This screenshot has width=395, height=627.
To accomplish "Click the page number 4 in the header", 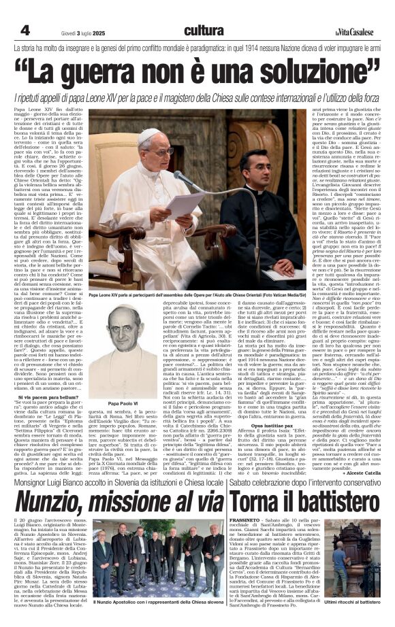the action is [x=25, y=30].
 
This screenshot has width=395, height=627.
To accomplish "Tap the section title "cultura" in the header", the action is [x=204, y=31].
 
